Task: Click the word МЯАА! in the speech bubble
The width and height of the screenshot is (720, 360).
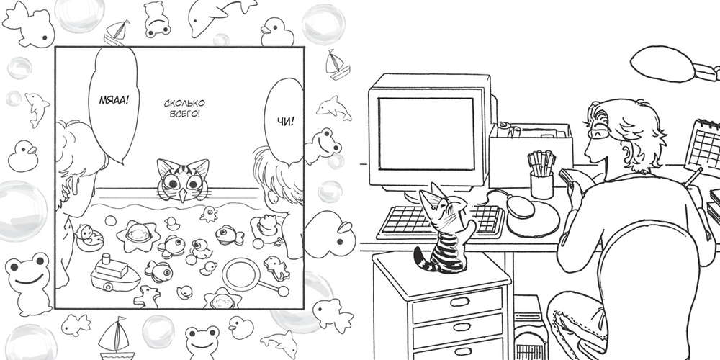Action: tap(113, 99)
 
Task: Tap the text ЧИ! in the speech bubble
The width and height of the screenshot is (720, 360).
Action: tap(286, 121)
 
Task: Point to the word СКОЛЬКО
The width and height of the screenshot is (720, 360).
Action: tap(184, 103)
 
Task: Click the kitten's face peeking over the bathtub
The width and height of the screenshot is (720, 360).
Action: tap(183, 180)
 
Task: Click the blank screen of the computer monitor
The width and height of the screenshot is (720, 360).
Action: tap(426, 134)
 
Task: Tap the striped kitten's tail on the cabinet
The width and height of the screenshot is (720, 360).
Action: tap(420, 259)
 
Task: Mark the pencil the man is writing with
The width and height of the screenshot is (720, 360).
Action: tap(693, 176)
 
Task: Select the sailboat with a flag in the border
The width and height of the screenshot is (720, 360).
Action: tap(114, 338)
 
